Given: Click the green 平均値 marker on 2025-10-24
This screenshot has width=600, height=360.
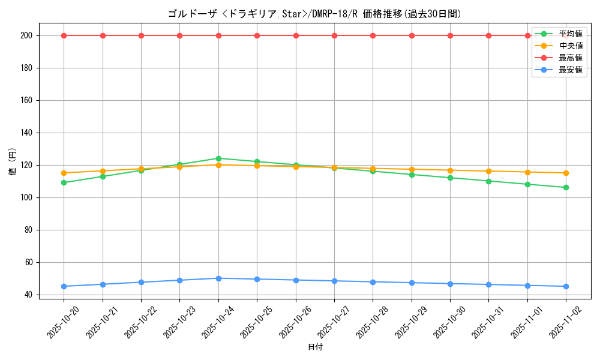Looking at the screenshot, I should click(218, 158).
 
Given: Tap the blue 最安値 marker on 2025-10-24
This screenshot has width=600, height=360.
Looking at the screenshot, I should click(218, 278).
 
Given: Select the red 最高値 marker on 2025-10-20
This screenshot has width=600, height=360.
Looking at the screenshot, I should click(64, 35).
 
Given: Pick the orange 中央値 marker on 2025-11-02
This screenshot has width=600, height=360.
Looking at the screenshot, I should click(566, 173).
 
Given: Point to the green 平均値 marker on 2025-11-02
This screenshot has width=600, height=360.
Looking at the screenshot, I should click(566, 187).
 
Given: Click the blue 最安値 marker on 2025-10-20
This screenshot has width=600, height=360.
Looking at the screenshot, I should click(64, 286).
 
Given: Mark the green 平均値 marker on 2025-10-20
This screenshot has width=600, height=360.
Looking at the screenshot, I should click(64, 182).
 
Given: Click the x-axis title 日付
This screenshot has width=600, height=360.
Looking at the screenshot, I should click(315, 347).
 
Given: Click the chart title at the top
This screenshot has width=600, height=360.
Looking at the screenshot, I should click(315, 14).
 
